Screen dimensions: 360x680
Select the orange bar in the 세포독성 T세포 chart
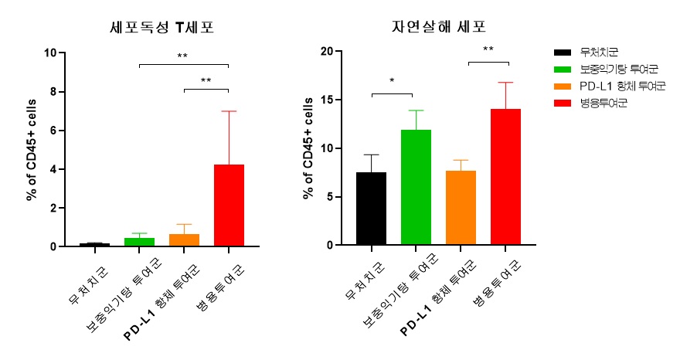pyautogui.click(x=184, y=240)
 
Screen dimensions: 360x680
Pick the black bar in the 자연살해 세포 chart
pyautogui.click(x=371, y=209)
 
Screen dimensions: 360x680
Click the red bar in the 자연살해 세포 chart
pyautogui.click(x=505, y=177)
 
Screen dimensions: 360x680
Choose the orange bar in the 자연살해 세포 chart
pyautogui.click(x=460, y=208)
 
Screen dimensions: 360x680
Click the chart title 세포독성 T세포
pyautogui.click(x=161, y=28)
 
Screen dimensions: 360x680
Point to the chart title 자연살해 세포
pyautogui.click(x=438, y=28)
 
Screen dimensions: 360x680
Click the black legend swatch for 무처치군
pyautogui.click(x=563, y=53)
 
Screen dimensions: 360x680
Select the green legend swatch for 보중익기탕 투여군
pyautogui.click(x=563, y=70)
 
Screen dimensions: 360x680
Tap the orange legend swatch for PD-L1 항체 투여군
pyautogui.click(x=563, y=87)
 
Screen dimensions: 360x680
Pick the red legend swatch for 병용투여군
pyautogui.click(x=563, y=103)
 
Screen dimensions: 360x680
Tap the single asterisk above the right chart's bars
pyautogui.click(x=393, y=81)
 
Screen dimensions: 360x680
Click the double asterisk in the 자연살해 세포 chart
pyautogui.click(x=488, y=50)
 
